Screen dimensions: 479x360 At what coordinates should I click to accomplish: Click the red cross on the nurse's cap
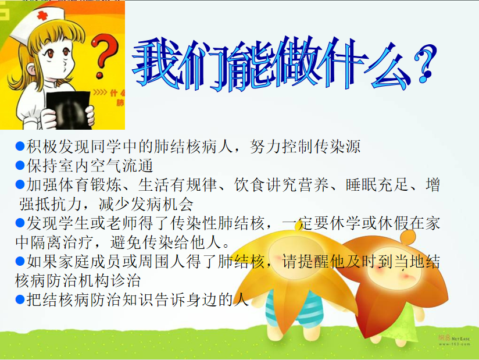42,16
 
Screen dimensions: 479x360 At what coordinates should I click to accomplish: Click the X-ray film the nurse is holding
69,110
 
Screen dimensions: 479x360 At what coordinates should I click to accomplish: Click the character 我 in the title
155,63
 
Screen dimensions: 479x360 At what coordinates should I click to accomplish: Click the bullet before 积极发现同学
20,147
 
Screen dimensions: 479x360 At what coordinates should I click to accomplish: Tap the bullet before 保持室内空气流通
20,165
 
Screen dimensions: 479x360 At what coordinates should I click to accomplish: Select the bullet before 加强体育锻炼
20,184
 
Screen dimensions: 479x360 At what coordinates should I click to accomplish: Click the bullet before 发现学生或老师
20,223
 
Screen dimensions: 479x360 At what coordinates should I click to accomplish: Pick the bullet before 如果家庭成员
20,261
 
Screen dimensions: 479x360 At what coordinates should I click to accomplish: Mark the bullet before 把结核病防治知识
20,299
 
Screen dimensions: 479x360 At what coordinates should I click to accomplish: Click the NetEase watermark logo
454,340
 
